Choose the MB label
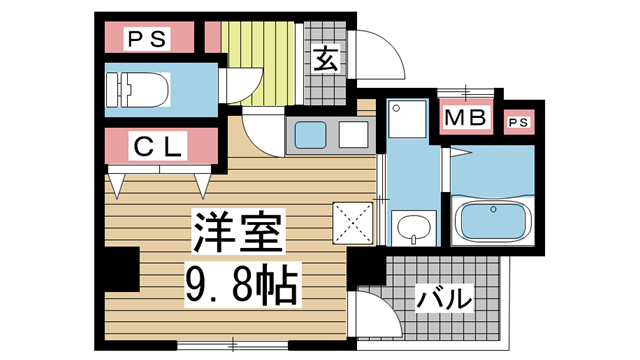[466, 119]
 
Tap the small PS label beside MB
[517, 122]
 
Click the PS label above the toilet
[148, 39]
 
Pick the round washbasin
[409, 231]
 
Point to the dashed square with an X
[352, 221]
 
